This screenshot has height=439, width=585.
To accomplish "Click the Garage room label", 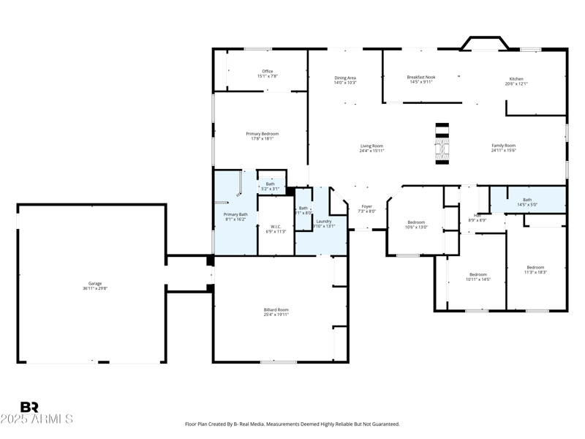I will [95, 285].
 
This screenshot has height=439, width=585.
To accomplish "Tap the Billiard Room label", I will [276, 312].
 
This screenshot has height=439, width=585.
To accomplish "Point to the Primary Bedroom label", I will [262, 136].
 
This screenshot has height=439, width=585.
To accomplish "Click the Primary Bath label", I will [235, 217].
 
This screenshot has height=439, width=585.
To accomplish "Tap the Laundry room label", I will [324, 223].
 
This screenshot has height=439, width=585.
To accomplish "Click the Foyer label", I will [366, 209].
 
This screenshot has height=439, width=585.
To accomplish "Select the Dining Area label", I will [345, 80].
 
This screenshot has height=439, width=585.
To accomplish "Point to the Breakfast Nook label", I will [420, 79].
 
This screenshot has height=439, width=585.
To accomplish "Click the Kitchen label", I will [516, 81].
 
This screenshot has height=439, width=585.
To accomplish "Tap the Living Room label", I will [371, 148].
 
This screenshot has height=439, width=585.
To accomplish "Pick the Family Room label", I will [503, 148].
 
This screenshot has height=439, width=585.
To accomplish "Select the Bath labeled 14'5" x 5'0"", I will [527, 202].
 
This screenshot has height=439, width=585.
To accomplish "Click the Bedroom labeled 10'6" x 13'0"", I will [415, 225].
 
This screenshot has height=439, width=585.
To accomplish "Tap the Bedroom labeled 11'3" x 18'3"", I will [535, 269].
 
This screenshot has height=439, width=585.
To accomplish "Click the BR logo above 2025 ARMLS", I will [29, 407].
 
